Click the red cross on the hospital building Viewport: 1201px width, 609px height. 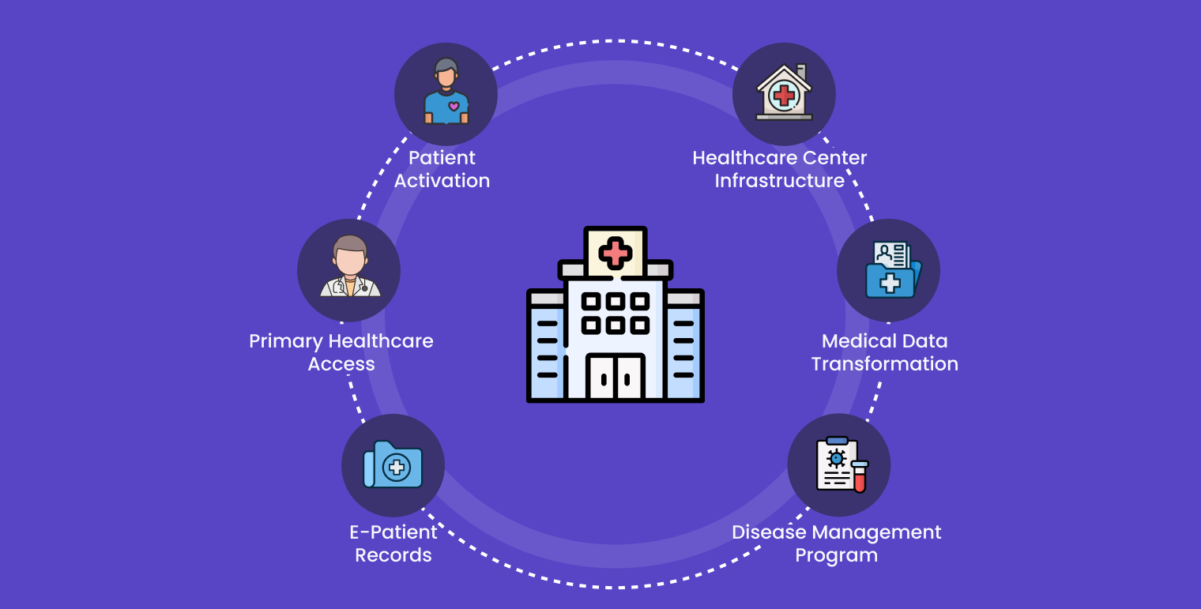(x=615, y=254)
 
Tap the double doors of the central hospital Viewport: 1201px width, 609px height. (x=616, y=378)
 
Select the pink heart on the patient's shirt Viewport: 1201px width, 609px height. (x=454, y=106)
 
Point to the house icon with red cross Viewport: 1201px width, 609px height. (x=784, y=93)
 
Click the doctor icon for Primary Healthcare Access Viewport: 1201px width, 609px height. (x=349, y=268)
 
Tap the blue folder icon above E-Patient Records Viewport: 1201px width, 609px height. (x=393, y=465)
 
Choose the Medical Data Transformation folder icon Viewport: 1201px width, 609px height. (x=890, y=271)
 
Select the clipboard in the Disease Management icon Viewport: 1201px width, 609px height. (x=836, y=464)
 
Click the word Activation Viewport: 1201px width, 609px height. (x=442, y=181)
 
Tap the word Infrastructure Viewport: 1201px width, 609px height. (x=780, y=181)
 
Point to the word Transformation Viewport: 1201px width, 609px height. (x=884, y=364)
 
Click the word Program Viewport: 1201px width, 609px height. (x=836, y=555)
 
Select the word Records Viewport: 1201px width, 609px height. (x=393, y=555)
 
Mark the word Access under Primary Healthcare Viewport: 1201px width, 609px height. (x=341, y=364)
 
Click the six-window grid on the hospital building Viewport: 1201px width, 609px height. (x=616, y=313)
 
